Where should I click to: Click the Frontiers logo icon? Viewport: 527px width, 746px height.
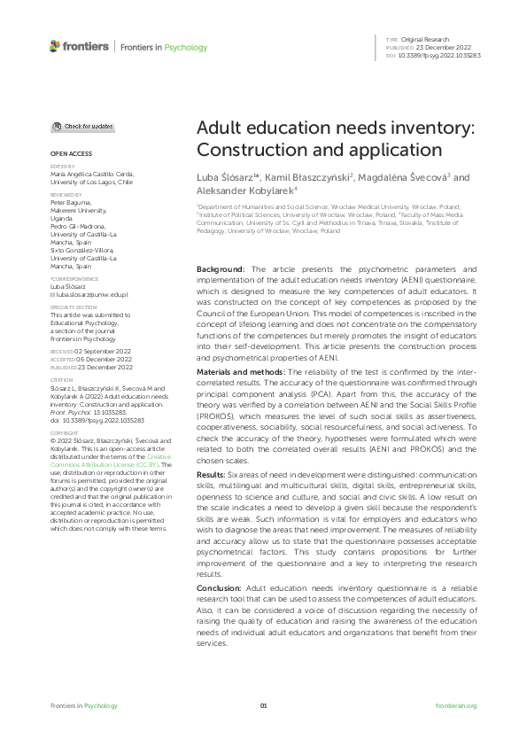click(x=56, y=46)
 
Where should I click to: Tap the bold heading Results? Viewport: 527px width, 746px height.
click(x=213, y=476)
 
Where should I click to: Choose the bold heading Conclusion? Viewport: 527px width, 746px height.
click(x=219, y=587)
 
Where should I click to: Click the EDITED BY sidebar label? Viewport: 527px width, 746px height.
click(x=62, y=166)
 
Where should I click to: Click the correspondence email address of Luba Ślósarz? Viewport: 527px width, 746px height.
click(x=81, y=292)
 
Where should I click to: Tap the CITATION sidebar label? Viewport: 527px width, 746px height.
click(x=60, y=380)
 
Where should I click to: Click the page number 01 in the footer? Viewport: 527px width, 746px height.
click(x=263, y=705)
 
